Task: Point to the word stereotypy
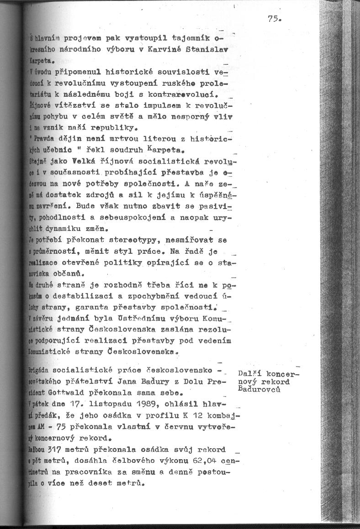(149, 240)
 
